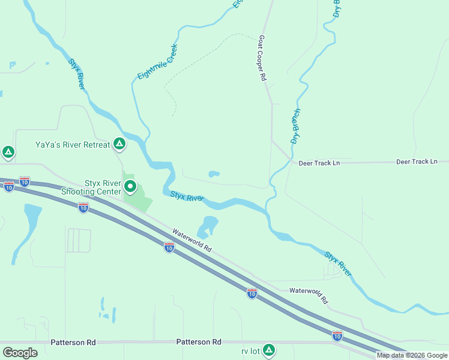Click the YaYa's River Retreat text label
[73, 145]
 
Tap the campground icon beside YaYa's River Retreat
[119, 144]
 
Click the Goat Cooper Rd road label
[262, 58]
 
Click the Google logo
[20, 352]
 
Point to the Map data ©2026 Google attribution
[412, 355]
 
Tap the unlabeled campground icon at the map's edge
[8, 152]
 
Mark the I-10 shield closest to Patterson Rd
[337, 336]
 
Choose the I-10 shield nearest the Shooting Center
[83, 208]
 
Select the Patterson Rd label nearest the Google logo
[73, 342]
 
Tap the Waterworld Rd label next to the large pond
[192, 240]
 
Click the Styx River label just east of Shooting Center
[187, 196]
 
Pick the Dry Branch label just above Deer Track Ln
[295, 127]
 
